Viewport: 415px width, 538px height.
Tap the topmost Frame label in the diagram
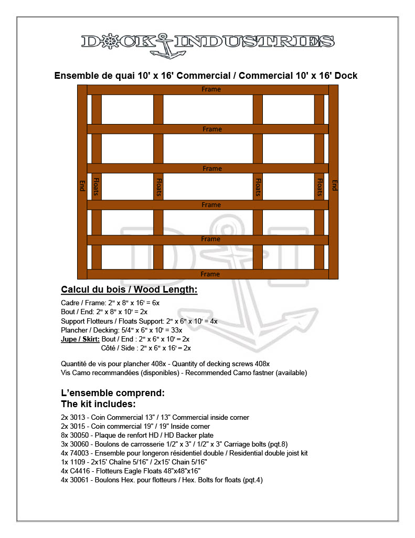(211, 89)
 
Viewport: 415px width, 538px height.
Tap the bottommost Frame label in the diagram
(210, 274)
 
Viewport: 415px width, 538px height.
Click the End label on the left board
(82, 185)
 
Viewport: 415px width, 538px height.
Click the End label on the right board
(334, 185)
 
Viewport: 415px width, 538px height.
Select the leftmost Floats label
(97, 187)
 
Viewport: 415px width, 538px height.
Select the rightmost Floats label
(319, 187)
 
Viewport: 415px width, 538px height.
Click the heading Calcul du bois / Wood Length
(129, 289)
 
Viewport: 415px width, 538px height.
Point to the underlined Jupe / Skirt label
(80, 339)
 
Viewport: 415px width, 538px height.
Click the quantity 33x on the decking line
(176, 330)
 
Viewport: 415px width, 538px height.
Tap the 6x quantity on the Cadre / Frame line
(155, 303)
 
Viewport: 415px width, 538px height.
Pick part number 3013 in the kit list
(77, 417)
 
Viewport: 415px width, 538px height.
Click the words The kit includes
(99, 404)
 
